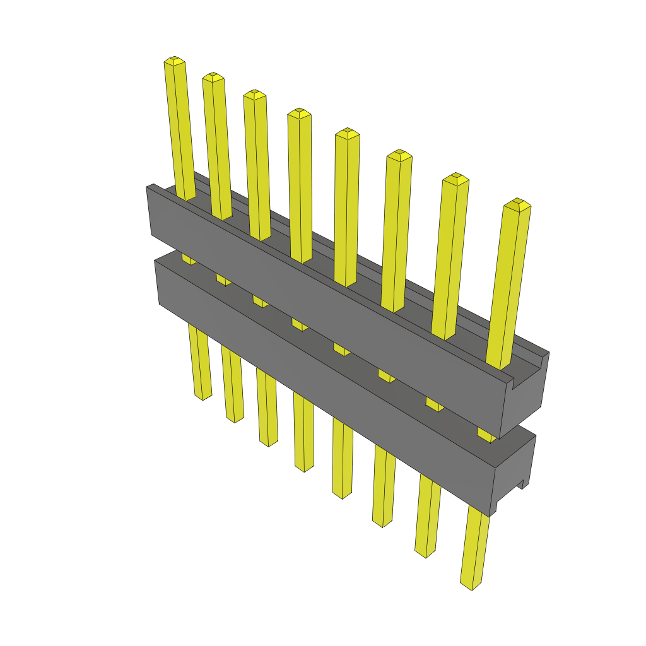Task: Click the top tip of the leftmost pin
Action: (x=175, y=61)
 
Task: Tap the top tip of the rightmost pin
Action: (x=517, y=204)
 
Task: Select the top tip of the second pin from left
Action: (x=213, y=77)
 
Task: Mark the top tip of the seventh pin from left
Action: (x=455, y=179)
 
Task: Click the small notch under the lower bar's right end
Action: (x=522, y=484)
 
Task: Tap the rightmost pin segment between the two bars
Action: (x=485, y=435)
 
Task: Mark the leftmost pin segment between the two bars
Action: (x=188, y=259)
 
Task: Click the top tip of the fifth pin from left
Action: (x=347, y=133)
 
